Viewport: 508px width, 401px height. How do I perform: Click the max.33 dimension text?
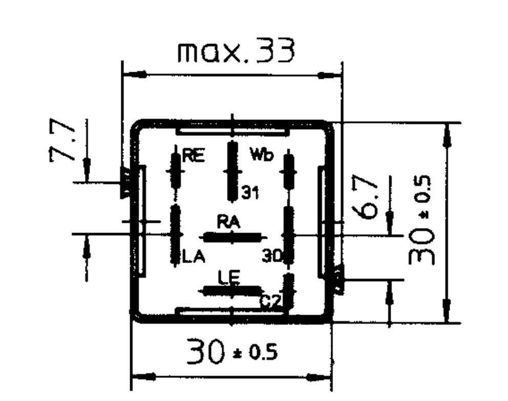(236, 51)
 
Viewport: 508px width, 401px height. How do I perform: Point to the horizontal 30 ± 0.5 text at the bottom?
(231, 351)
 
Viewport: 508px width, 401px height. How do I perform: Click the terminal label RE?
(194, 156)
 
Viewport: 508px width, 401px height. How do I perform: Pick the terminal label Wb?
(262, 154)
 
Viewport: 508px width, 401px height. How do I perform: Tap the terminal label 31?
(250, 193)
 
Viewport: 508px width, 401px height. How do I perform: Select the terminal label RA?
(228, 223)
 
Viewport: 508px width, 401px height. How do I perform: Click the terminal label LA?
(194, 257)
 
